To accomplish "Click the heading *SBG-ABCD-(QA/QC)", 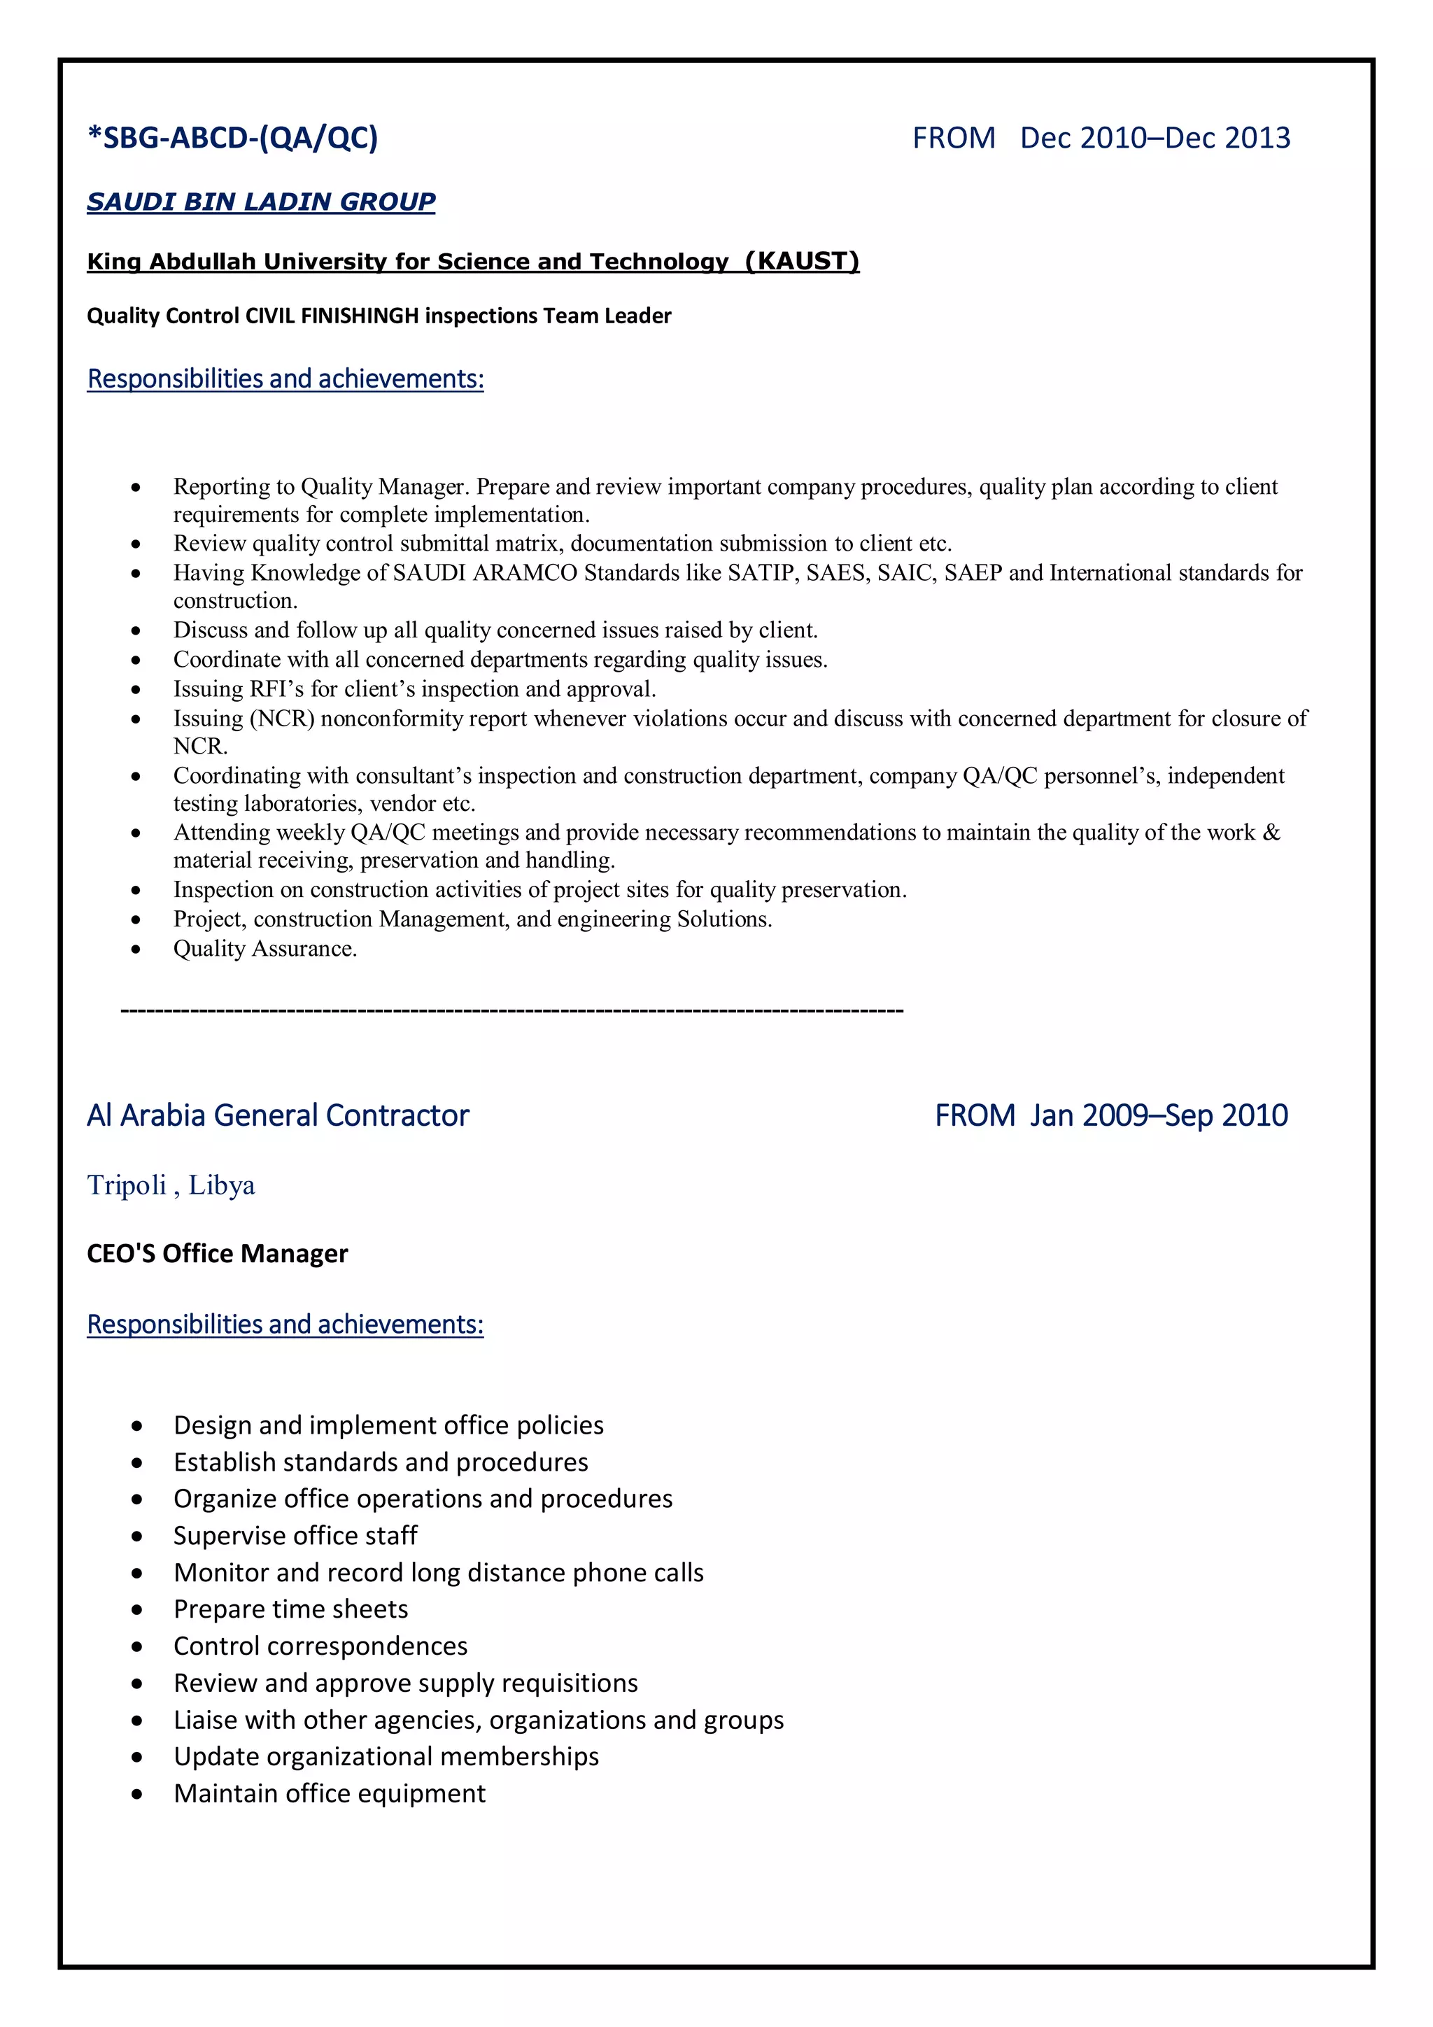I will click(x=232, y=138).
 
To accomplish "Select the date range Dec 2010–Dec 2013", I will click(x=1155, y=138).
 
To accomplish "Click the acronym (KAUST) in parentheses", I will click(x=802, y=261).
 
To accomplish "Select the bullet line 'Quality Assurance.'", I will click(x=265, y=948).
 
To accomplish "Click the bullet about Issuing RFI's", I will click(x=414, y=688).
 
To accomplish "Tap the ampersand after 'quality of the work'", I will click(x=1271, y=833).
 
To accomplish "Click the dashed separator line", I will click(x=511, y=1009).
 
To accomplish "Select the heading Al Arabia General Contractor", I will click(x=277, y=1116).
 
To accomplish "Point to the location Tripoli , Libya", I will click(x=171, y=1186).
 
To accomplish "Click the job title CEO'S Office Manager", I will click(x=217, y=1254).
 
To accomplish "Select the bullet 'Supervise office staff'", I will click(x=295, y=1535).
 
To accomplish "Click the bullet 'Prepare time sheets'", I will click(x=290, y=1609).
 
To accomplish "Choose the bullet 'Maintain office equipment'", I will click(x=330, y=1793).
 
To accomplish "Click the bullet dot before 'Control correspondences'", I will click(x=137, y=1646).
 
